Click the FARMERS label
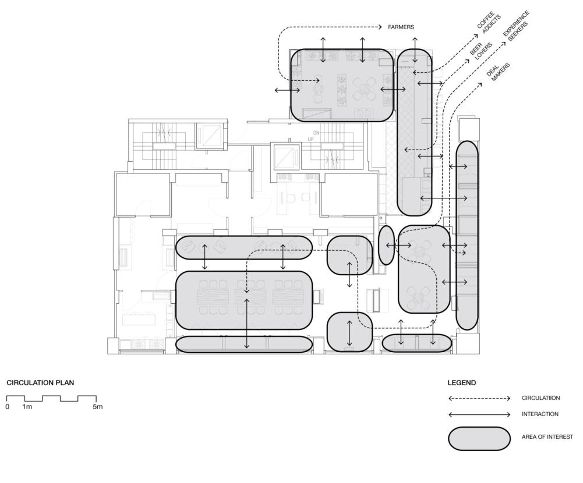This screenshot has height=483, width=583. pos(401,27)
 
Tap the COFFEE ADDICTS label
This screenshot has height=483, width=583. pos(489,23)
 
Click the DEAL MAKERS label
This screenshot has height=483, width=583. pos(498,72)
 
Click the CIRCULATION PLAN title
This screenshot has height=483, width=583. pos(40,383)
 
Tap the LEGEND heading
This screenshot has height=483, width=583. pos(462,383)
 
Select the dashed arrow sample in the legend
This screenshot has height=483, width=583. pos(479,398)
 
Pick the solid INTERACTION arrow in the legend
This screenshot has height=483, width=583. pos(479,414)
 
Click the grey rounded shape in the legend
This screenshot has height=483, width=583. pos(479,438)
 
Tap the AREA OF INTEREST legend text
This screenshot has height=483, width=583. pos(547,437)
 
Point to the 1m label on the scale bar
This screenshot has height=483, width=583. pos(27,406)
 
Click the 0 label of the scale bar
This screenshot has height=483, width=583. pos(8,406)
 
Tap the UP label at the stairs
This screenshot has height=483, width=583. pos(311,139)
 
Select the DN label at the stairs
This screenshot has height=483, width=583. pos(316,133)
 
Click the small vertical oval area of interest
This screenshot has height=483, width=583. pos(386,245)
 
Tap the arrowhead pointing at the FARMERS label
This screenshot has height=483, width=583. pos(380,27)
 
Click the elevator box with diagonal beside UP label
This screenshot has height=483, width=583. pos(287,156)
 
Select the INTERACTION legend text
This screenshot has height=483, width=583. pos(540,414)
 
